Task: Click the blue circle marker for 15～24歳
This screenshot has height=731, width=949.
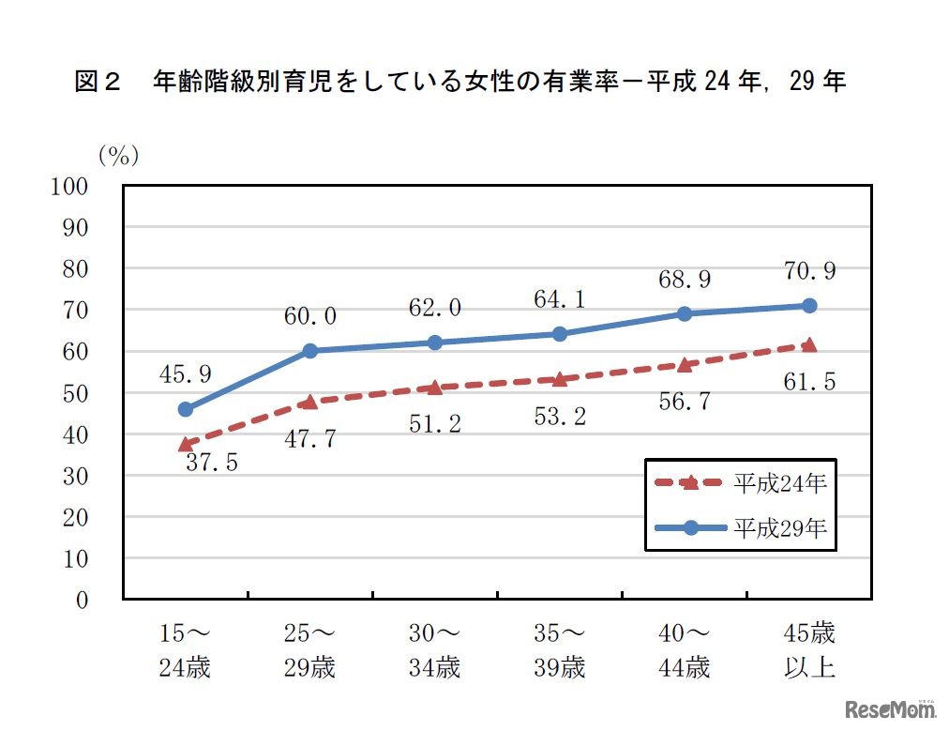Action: point(185,409)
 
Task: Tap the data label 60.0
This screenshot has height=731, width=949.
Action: point(309,316)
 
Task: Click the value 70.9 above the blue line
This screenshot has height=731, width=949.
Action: point(809,272)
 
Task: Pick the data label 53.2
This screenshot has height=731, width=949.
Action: point(560,416)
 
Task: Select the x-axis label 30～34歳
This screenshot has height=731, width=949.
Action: point(434,650)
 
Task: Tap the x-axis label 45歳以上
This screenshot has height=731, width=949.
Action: point(809,650)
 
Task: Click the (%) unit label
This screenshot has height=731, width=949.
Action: point(119,156)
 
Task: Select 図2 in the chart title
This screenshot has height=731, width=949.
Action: point(98,83)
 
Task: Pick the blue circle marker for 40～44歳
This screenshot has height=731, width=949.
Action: point(685,313)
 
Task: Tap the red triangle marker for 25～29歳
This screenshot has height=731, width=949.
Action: point(309,402)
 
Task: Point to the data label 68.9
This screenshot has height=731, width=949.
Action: point(685,280)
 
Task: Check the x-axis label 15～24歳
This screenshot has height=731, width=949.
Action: point(185,650)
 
